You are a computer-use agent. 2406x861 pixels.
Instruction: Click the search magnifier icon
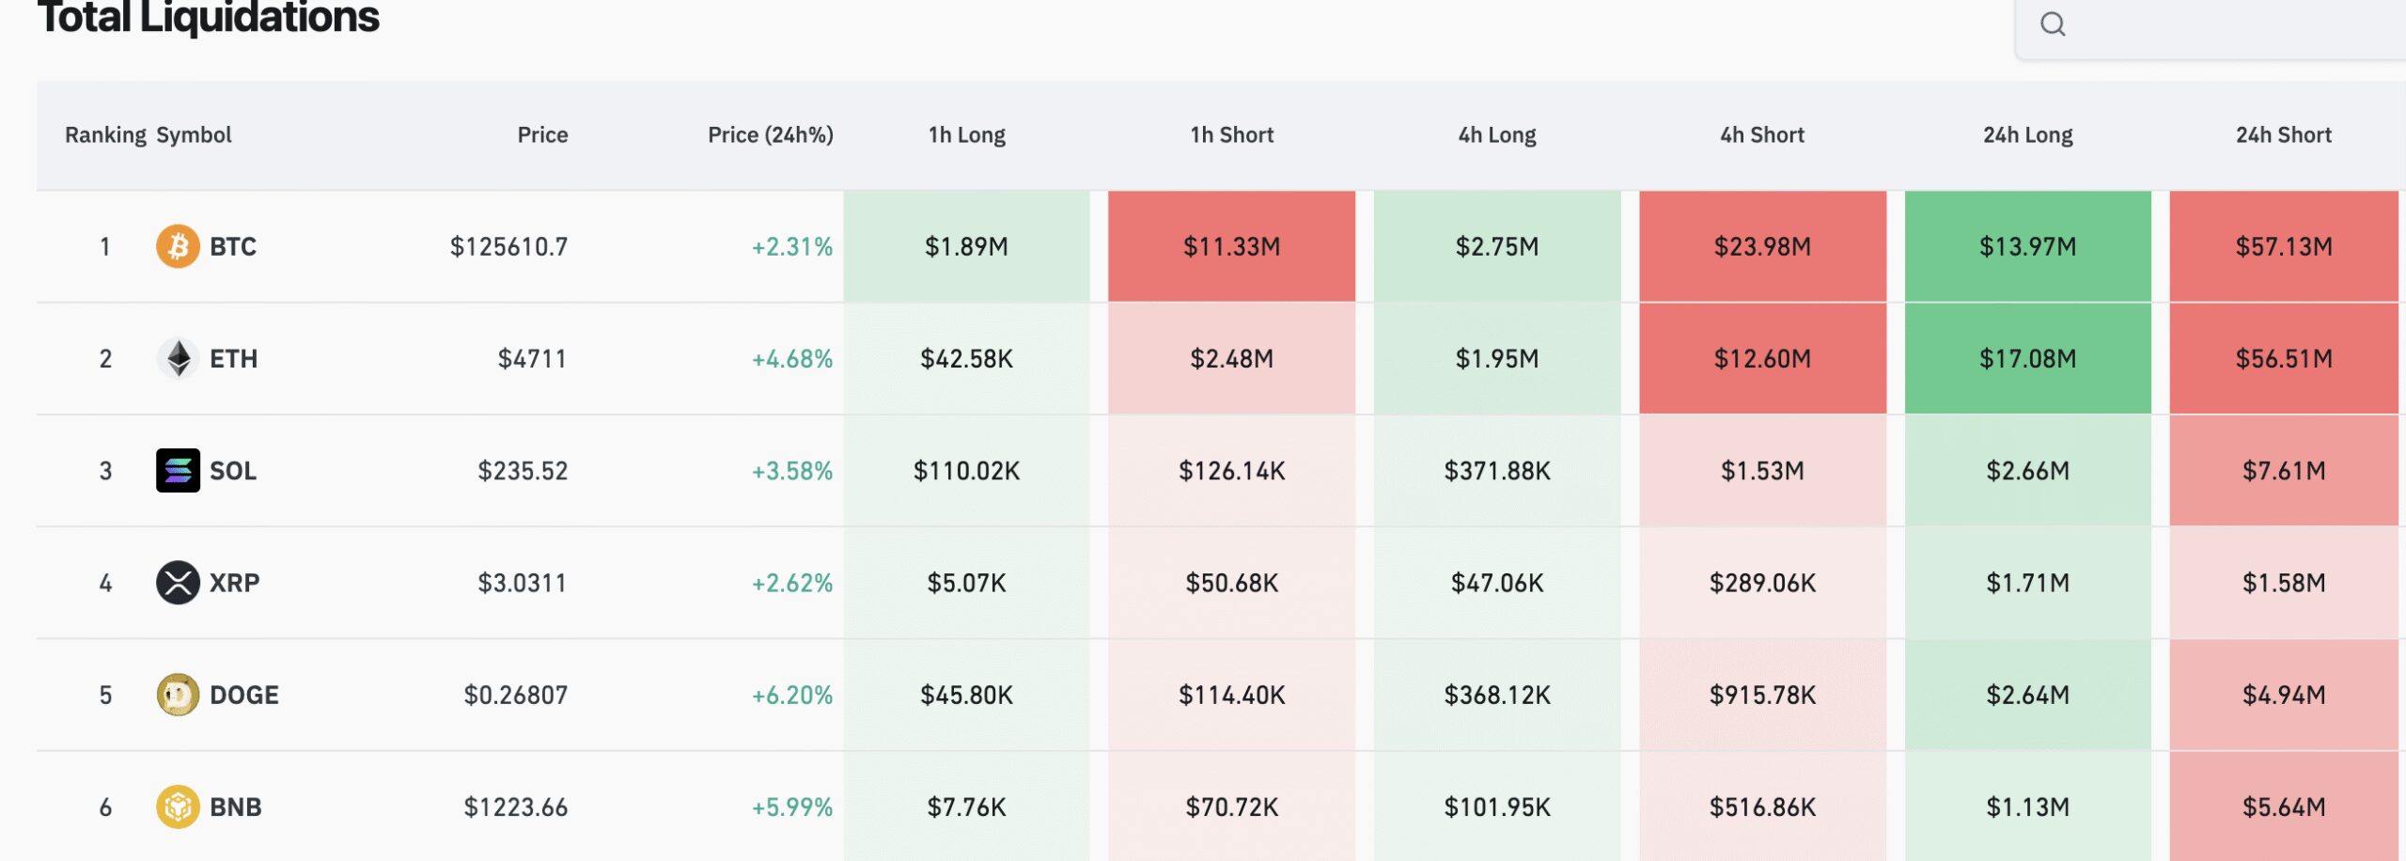click(2053, 24)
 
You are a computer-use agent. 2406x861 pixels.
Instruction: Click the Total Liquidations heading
click(208, 17)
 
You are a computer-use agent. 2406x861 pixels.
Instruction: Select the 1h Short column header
click(1231, 135)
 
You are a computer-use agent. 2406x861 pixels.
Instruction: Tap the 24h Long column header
click(2027, 135)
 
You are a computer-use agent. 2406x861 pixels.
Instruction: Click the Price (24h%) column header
click(770, 135)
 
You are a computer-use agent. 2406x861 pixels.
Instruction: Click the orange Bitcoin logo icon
click(178, 246)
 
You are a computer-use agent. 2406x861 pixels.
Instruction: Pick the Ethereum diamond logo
click(178, 358)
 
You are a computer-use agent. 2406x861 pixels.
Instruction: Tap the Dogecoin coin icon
click(178, 695)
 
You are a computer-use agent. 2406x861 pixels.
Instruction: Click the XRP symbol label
click(234, 583)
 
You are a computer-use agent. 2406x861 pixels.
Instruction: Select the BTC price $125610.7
click(508, 246)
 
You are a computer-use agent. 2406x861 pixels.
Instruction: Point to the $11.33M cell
click(1231, 246)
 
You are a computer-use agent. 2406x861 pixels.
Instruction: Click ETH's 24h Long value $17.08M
click(2027, 358)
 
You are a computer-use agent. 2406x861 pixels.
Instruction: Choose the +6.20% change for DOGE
click(791, 695)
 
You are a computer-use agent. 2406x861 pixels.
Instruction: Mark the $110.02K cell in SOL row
click(966, 470)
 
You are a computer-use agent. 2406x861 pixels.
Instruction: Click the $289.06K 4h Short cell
click(1762, 583)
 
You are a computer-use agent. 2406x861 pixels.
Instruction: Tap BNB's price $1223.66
click(515, 806)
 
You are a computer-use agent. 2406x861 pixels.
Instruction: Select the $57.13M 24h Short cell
click(2284, 246)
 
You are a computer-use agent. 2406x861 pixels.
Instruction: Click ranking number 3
click(105, 470)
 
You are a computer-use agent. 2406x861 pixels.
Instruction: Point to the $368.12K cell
click(1497, 695)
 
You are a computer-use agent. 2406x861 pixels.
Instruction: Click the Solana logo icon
click(178, 470)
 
